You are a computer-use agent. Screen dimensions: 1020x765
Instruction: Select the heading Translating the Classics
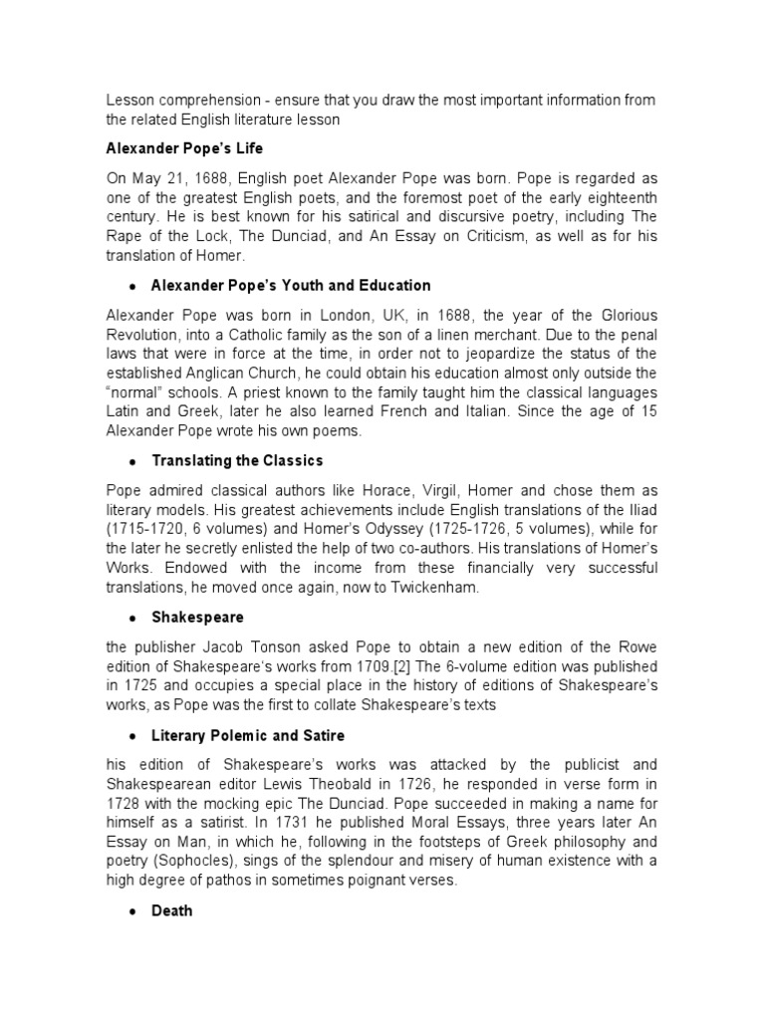pyautogui.click(x=237, y=461)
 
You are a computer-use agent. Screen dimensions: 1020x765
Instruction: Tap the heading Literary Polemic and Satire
pyautogui.click(x=248, y=735)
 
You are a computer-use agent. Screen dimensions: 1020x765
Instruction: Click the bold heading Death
pyautogui.click(x=172, y=910)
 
